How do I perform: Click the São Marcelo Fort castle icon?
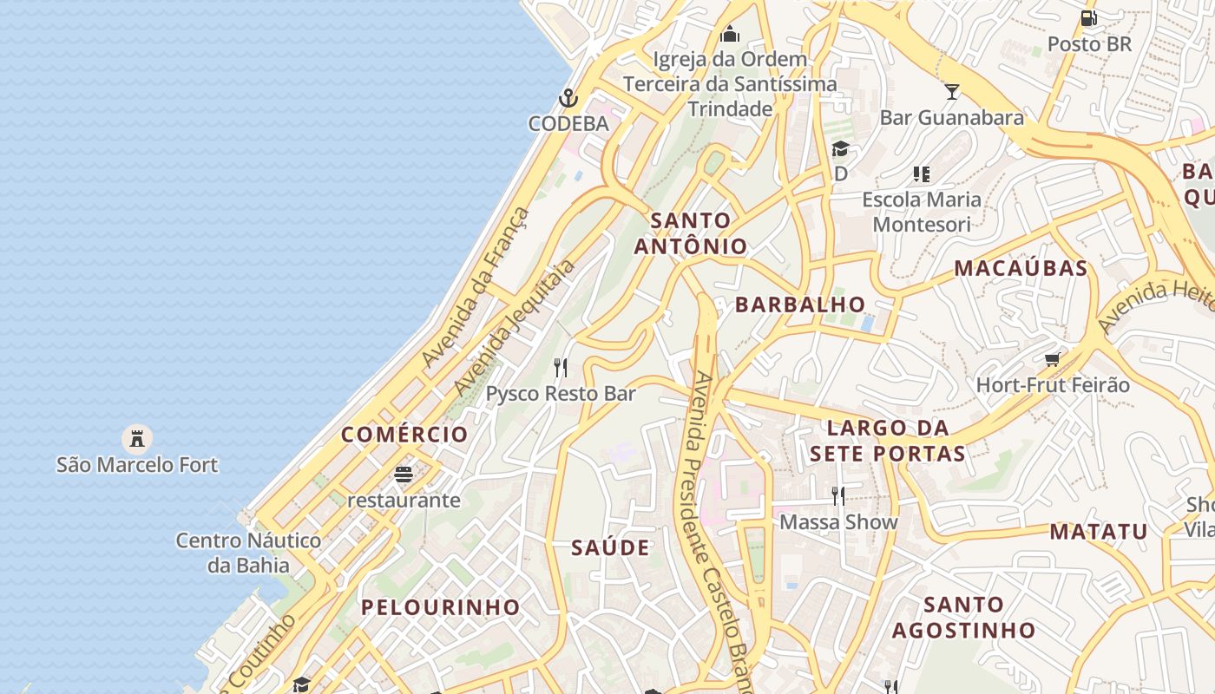tap(136, 438)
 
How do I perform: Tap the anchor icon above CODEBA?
tap(568, 97)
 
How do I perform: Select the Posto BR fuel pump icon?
tap(1088, 17)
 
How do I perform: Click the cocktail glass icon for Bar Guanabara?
tap(952, 91)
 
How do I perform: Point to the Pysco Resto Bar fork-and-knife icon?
tap(561, 368)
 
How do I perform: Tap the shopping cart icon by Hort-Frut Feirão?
tap(1053, 359)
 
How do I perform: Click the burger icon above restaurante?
tap(403, 475)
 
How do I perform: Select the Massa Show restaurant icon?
tap(837, 496)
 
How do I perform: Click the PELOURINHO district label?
tap(440, 607)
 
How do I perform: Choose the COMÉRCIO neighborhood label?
tap(404, 435)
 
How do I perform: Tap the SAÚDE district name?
tap(610, 548)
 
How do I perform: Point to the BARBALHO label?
tap(800, 304)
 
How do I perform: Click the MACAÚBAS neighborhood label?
tap(1021, 269)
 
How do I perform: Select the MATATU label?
tap(1099, 532)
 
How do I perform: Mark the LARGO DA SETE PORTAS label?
tap(887, 441)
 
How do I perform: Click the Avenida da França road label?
tap(475, 287)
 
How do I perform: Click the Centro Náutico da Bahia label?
tap(248, 553)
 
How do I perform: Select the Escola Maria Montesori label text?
tap(922, 212)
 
